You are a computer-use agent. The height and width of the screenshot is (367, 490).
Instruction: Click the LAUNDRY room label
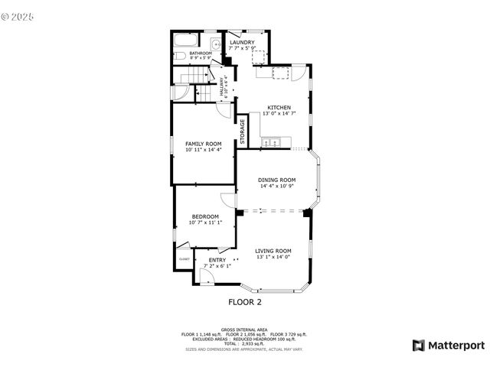pos(242,42)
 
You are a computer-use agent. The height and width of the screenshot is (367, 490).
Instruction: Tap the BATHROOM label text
pos(201,53)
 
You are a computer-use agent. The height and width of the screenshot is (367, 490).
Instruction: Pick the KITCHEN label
pos(279,107)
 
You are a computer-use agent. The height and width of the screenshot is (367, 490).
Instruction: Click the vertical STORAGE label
pos(243,132)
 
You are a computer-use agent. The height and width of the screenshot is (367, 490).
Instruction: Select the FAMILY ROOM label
pos(203,144)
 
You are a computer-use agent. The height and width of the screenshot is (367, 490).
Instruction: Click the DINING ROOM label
pos(276,180)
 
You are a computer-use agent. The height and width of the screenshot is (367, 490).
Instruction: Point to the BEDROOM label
pos(205,216)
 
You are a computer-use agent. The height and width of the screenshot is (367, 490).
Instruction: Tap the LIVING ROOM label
pos(273,251)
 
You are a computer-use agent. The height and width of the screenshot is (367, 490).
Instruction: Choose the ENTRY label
pos(217,260)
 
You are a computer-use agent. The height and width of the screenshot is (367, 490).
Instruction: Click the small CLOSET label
pos(185,259)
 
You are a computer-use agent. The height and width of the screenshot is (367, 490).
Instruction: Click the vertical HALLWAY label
pos(222,85)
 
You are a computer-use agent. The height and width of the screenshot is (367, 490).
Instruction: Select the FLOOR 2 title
pos(245,302)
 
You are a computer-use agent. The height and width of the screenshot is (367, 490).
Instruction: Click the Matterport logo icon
pos(418,345)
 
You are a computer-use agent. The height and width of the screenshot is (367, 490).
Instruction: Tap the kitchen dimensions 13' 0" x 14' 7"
pos(279,113)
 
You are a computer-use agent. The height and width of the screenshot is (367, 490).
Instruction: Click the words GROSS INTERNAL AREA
pos(244,330)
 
